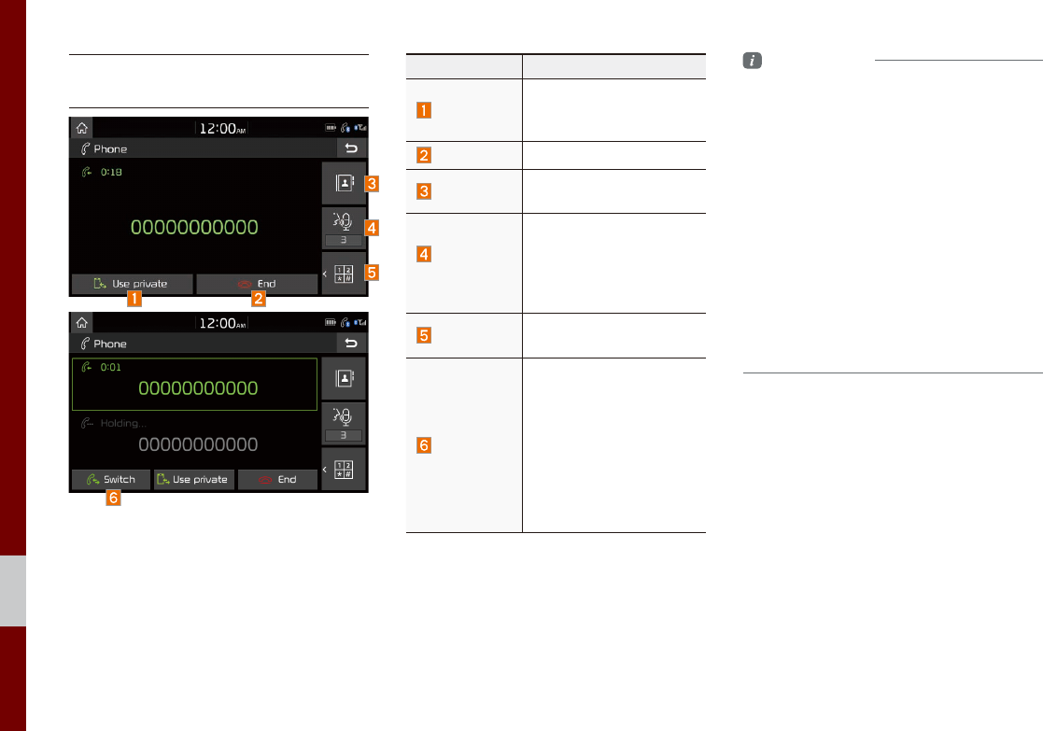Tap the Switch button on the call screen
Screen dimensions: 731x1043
click(x=110, y=479)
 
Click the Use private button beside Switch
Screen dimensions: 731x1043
click(x=193, y=479)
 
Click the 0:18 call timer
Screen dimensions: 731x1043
click(x=111, y=173)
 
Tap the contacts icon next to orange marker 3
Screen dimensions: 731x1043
click(x=343, y=183)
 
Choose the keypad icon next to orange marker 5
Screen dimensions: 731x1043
click(x=343, y=274)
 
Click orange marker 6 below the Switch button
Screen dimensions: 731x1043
click(x=113, y=499)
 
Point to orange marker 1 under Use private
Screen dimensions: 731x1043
click(x=136, y=301)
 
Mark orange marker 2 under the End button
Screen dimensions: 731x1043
click(x=259, y=301)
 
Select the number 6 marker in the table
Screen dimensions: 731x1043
click(x=424, y=445)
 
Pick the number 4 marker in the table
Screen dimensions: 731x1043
click(x=424, y=254)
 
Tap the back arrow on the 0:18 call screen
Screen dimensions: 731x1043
click(x=351, y=148)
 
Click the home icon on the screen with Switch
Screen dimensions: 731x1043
click(x=82, y=322)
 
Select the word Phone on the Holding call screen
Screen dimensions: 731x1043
click(x=110, y=343)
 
